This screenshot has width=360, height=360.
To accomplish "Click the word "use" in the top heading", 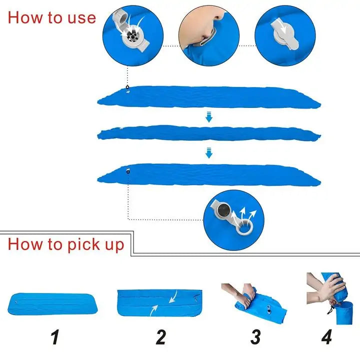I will pos(81,18).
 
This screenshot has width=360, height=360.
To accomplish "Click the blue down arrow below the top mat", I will pos(209,117).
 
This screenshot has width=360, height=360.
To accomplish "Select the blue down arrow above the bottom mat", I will pos(209,152).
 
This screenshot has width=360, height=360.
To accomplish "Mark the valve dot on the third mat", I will pos(128,171).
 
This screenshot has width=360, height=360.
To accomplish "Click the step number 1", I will pos(55,337).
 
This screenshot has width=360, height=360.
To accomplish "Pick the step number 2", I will pos(160,337).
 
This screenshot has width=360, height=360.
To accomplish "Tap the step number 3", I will pos(255,337).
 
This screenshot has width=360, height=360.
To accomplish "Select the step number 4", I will pos(327,337).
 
